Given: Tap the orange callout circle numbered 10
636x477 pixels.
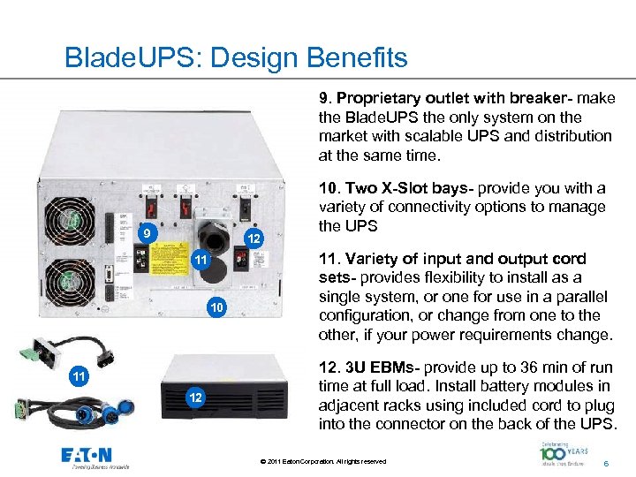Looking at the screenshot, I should pos(217,307).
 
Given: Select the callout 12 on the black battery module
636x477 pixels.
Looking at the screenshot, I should pos(194,399).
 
